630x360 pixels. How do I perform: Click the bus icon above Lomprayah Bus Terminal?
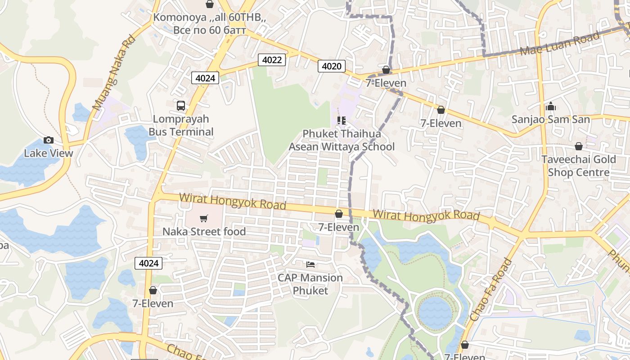[x=181, y=106]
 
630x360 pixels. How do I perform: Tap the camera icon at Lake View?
[x=49, y=140]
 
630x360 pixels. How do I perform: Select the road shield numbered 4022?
[x=272, y=59]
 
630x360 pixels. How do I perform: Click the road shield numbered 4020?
[x=332, y=66]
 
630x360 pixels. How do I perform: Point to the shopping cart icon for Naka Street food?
[x=204, y=219]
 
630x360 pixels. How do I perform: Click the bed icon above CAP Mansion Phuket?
[x=310, y=264]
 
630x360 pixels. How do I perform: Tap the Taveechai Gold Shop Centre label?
[x=578, y=166]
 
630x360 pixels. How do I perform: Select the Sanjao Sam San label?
[x=550, y=120]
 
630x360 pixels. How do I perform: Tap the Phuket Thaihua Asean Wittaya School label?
[x=342, y=140]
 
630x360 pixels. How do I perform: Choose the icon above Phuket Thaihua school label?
[x=342, y=120]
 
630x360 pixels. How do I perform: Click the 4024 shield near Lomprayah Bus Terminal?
[x=205, y=78]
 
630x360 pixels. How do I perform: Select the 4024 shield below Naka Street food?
[x=148, y=263]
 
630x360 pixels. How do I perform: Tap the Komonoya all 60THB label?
[x=210, y=23]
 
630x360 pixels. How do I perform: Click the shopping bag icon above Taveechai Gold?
[x=579, y=147]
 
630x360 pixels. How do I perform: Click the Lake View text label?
[x=48, y=153]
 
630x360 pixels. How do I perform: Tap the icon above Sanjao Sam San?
[x=550, y=107]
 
